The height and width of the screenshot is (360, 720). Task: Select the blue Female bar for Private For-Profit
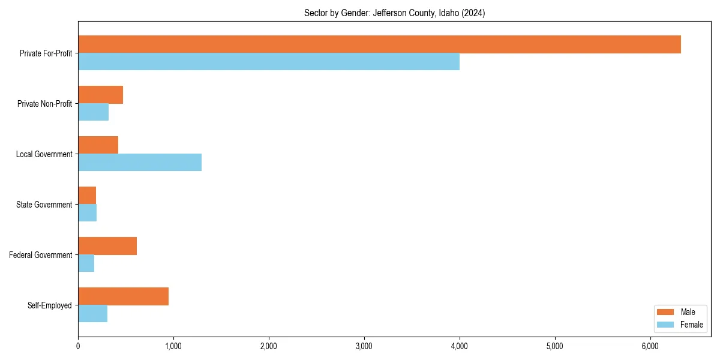point(269,62)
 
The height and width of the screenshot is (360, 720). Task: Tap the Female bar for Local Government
point(140,163)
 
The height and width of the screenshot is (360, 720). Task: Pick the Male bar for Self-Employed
point(123,296)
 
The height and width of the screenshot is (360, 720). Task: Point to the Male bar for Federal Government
point(107,246)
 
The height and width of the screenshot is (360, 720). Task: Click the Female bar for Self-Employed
point(92,314)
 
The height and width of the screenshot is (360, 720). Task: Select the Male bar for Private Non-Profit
point(100,95)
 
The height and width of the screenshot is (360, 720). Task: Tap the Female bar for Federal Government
point(86,263)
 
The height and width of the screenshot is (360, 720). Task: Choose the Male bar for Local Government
point(98,145)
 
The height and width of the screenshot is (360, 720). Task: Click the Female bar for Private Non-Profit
point(93,112)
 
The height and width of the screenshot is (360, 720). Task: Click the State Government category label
point(44,205)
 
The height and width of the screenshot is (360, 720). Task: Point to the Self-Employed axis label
point(49,305)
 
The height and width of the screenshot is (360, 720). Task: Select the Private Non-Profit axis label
point(44,104)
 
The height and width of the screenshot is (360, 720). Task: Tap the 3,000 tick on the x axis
point(364,346)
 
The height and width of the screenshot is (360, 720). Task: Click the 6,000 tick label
point(650,346)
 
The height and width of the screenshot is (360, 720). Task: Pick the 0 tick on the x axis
point(78,346)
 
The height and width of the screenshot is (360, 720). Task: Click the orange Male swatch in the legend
point(666,312)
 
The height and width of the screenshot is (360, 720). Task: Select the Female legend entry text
point(691,325)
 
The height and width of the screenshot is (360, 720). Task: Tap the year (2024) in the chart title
point(473,13)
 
